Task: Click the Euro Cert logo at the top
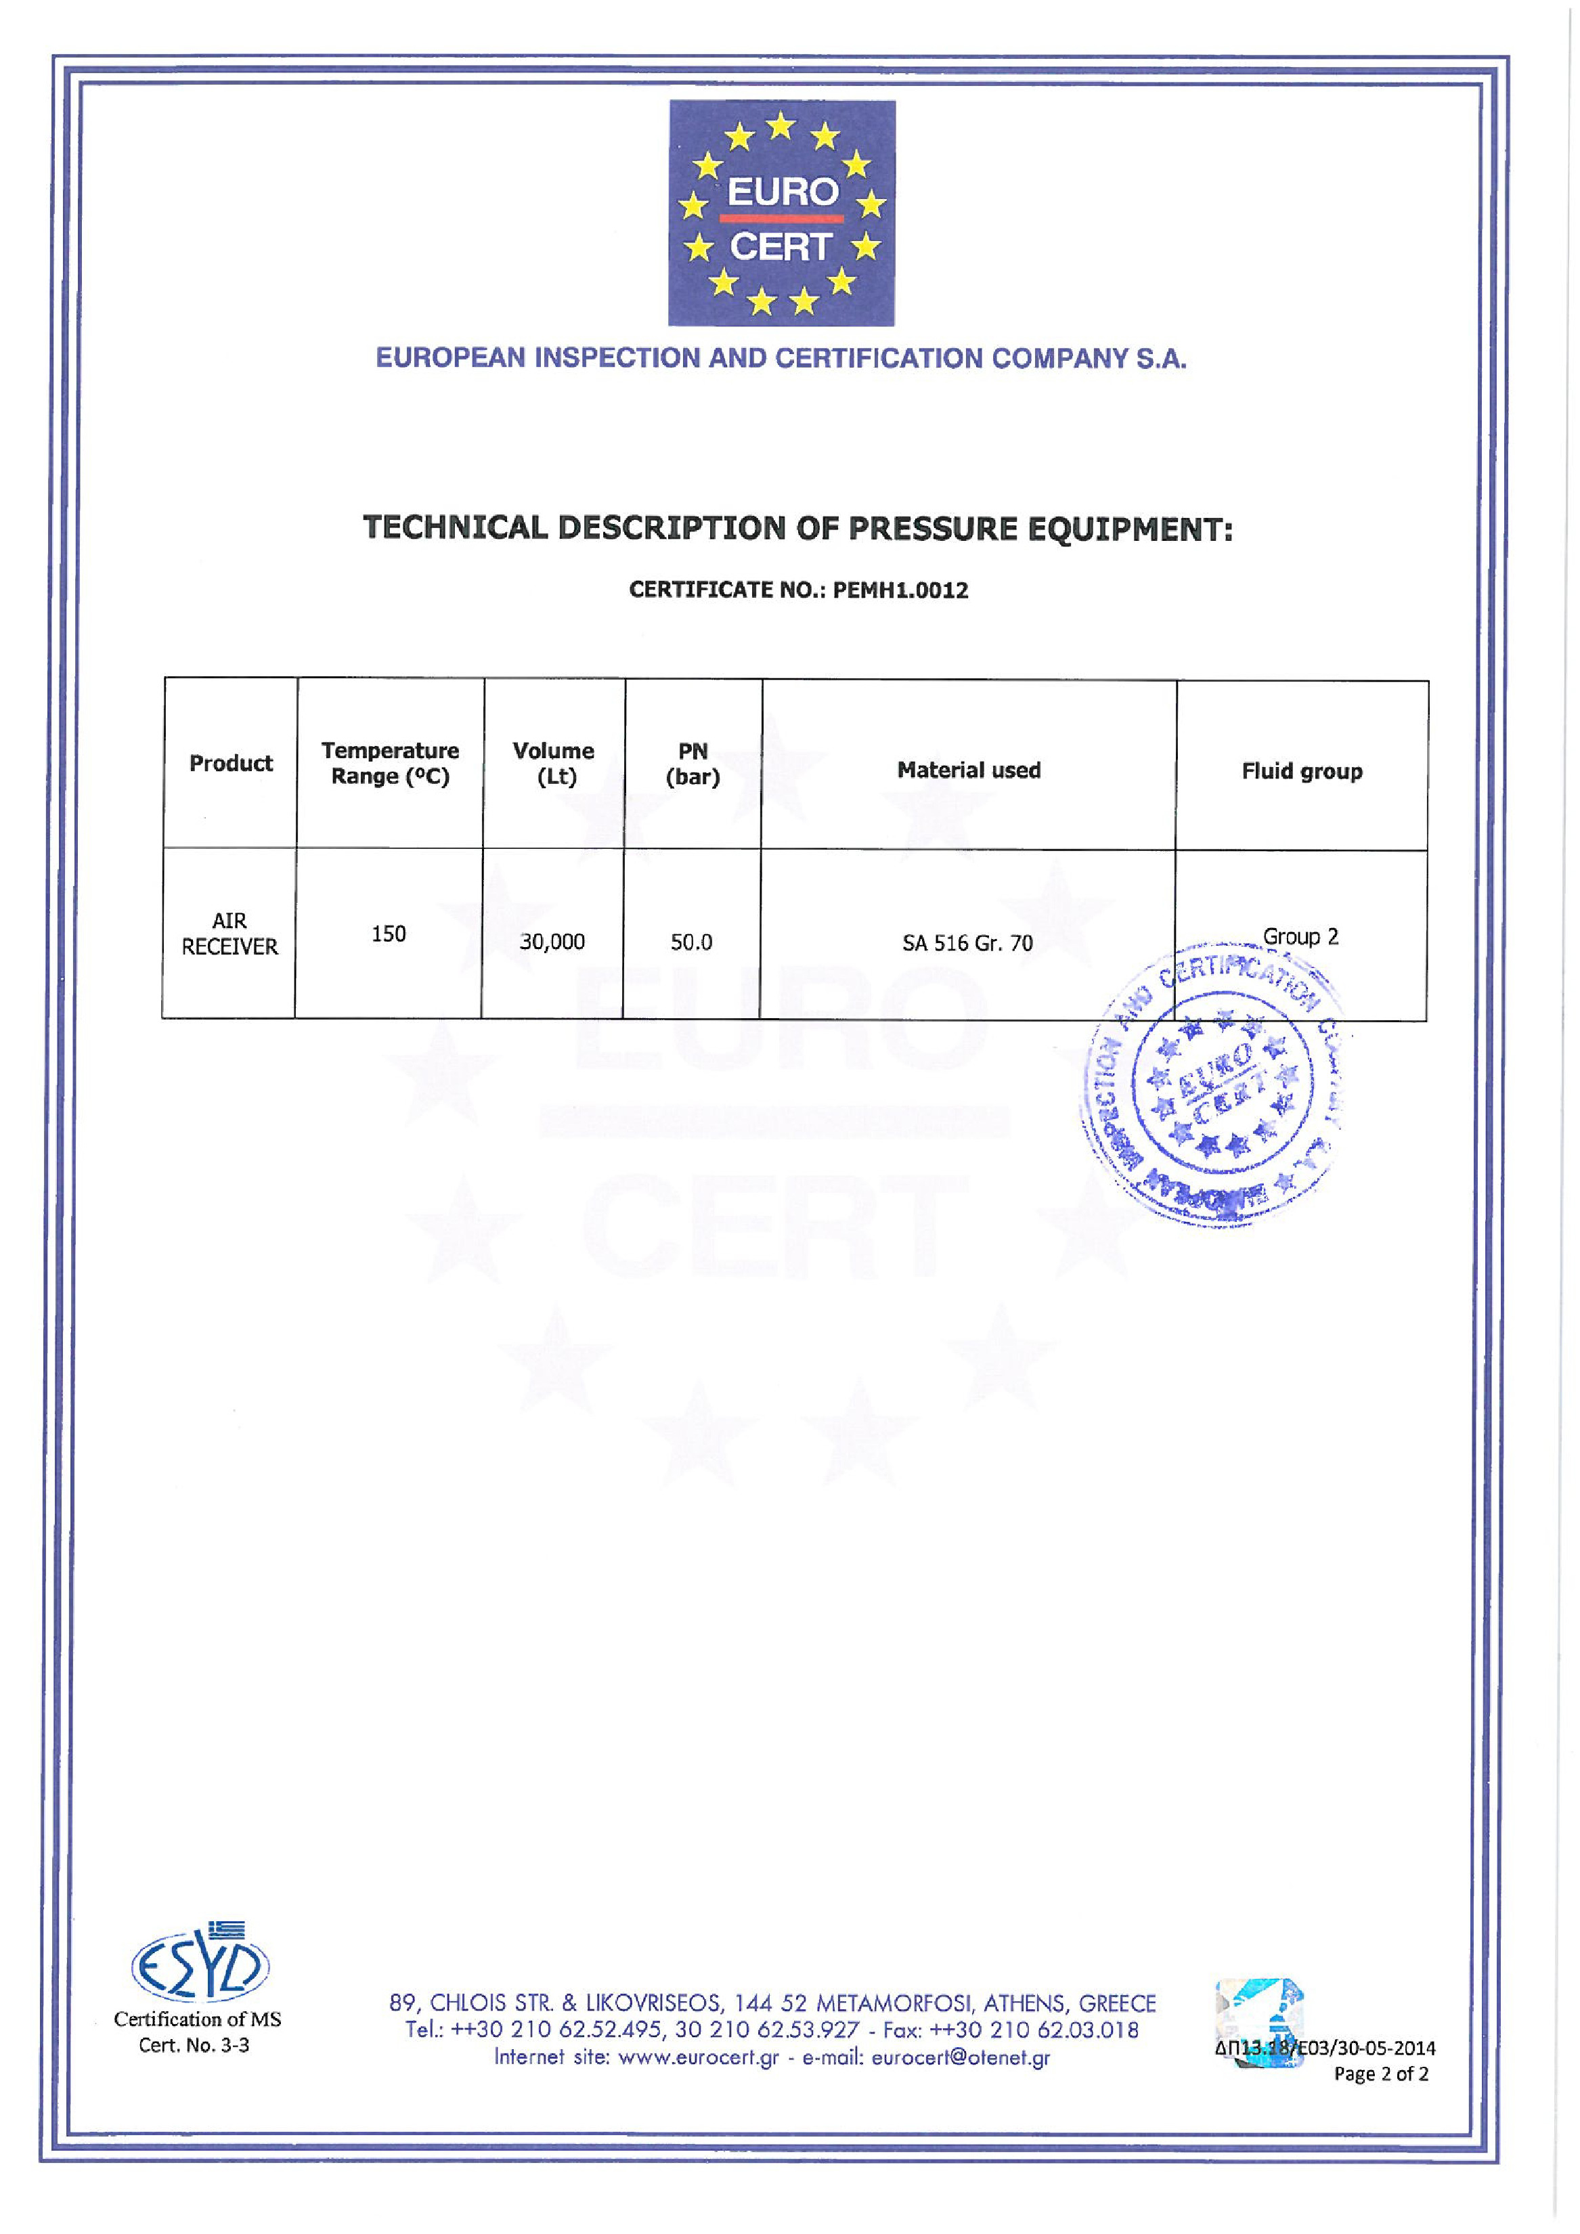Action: (x=781, y=213)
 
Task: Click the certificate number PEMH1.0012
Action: (x=900, y=590)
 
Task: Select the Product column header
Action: (x=231, y=764)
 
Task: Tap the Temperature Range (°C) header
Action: (x=390, y=764)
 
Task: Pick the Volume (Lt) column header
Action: (x=554, y=764)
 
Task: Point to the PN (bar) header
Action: (x=693, y=764)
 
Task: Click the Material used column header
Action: (x=969, y=770)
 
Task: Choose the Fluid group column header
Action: (x=1302, y=772)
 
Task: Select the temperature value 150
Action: (x=388, y=934)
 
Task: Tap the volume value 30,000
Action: (x=552, y=942)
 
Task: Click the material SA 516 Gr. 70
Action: (x=967, y=943)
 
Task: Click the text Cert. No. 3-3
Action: (x=194, y=2045)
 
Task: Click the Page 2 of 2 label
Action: (x=1380, y=2074)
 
